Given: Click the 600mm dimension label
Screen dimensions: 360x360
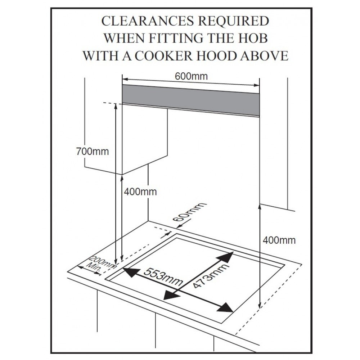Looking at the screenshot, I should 191,76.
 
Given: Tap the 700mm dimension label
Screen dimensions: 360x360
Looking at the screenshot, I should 93,151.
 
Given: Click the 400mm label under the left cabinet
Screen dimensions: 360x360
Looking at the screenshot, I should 140,192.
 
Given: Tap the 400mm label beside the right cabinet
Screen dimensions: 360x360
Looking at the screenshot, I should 279,240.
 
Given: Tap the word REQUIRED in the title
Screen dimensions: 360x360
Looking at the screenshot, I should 229,21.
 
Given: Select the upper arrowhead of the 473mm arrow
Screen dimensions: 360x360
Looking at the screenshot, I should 229,256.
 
